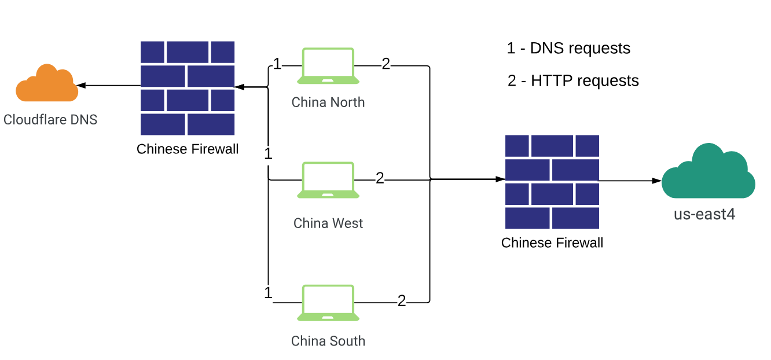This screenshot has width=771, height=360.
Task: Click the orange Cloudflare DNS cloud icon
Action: [x=46, y=85]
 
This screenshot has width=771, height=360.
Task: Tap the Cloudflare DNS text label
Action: [x=50, y=120]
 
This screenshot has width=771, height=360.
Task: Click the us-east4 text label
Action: [x=704, y=214]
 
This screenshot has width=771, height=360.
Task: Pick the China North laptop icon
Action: [x=328, y=67]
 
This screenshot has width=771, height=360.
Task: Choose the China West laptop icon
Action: [x=328, y=181]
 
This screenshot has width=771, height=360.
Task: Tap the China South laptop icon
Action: [x=328, y=303]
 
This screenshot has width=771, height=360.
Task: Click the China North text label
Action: [x=328, y=102]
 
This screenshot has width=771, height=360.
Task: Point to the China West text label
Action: [x=328, y=223]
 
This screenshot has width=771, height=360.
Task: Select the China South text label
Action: [x=328, y=341]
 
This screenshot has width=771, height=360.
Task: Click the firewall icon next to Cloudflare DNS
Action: [x=188, y=88]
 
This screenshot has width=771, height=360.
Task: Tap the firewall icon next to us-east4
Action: [x=552, y=182]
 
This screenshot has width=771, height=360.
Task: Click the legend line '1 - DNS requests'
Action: [x=568, y=48]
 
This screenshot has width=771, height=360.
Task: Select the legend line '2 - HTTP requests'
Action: [x=573, y=80]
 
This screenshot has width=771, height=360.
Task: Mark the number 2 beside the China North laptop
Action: [x=386, y=64]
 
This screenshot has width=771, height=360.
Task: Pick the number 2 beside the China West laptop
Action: [x=380, y=178]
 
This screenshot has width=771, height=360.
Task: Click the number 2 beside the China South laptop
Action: [x=402, y=301]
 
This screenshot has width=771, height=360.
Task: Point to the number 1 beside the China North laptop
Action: [x=277, y=64]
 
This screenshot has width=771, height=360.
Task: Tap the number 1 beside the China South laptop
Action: [x=268, y=293]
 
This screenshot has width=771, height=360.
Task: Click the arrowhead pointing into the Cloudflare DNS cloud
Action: [x=82, y=86]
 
